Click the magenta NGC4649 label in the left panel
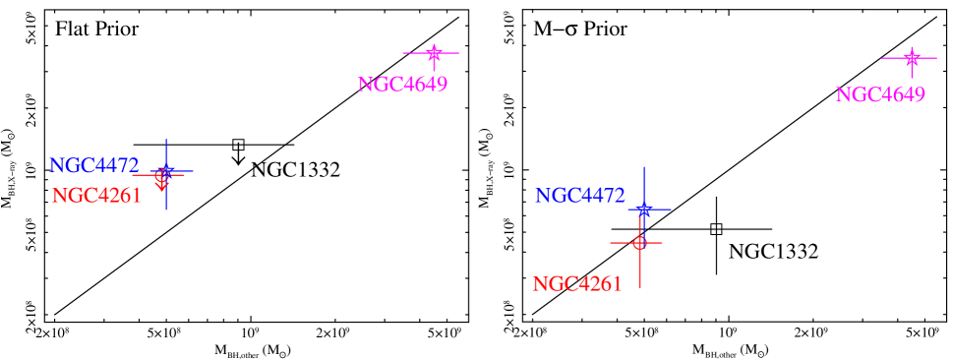402,85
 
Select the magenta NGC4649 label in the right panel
880,95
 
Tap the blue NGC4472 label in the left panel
94,165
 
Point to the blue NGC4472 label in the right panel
580,196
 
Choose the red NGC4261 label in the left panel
96,196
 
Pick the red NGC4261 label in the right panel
577,284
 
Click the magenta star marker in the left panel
434,52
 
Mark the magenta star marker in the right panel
912,58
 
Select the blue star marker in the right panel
644,210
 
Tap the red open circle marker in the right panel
639,242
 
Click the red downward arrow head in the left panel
162,184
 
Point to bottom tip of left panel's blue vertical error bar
167,210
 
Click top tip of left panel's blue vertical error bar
167,140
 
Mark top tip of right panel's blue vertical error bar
644,167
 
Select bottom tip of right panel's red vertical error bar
639,288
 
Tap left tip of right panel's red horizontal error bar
610,242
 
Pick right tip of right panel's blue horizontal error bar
672,210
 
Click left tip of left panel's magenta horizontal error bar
403,52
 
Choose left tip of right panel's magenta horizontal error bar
882,58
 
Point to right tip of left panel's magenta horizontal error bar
460,52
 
